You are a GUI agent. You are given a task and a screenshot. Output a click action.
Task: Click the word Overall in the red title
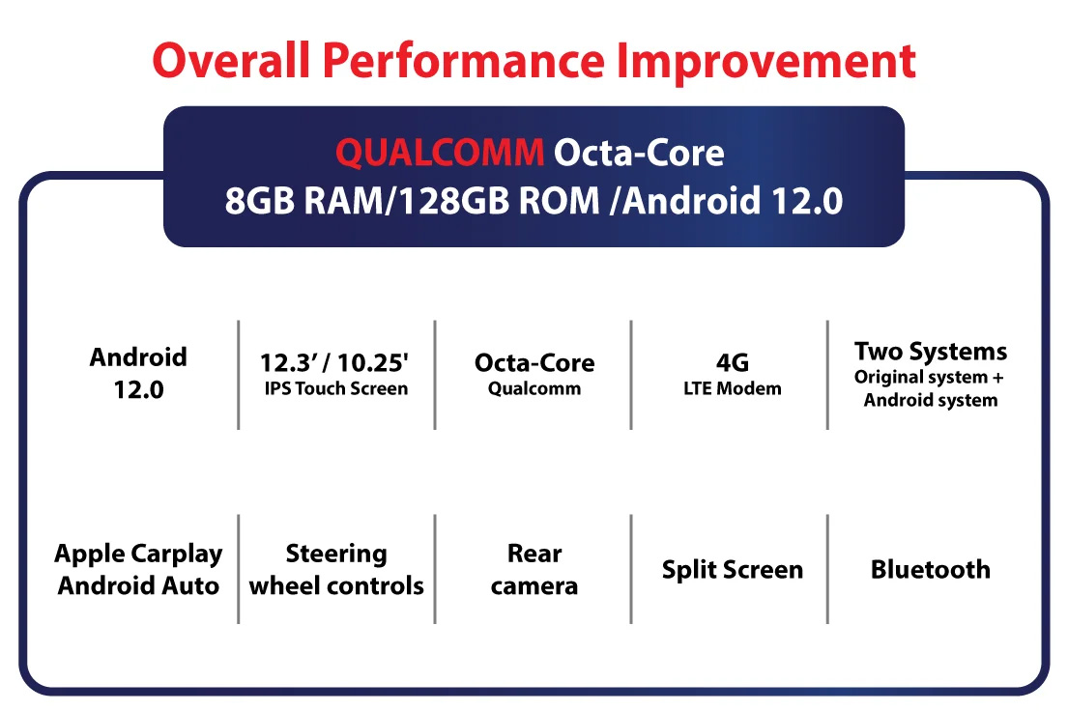tap(231, 60)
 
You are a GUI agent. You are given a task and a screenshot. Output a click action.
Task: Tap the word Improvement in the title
tap(766, 60)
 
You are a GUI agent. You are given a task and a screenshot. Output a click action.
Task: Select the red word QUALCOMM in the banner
tap(440, 153)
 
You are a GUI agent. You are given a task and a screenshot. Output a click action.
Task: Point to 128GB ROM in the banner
tap(499, 201)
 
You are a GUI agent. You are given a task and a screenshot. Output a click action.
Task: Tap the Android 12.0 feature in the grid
tap(138, 373)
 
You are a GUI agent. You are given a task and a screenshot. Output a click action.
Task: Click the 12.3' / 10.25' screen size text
tap(334, 363)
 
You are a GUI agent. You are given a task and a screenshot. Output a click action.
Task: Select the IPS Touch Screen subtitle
tap(336, 389)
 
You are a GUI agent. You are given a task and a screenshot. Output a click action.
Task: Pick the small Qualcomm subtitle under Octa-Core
tap(534, 389)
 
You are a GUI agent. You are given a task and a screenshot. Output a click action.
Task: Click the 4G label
tap(733, 362)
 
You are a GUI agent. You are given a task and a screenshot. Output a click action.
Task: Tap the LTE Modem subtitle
tap(733, 389)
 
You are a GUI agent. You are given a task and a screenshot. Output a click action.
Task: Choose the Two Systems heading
tap(931, 352)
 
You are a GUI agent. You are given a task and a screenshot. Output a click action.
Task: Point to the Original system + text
tap(929, 378)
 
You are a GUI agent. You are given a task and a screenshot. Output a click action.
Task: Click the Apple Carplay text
tap(138, 555)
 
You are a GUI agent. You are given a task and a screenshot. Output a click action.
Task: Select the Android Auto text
tap(138, 585)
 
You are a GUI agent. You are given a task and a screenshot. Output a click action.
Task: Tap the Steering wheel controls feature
tap(336, 570)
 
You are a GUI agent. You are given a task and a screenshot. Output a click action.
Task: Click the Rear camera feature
tap(534, 570)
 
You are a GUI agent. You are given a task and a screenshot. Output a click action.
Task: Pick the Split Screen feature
tap(733, 570)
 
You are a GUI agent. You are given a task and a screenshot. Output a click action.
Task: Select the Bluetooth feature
tap(931, 569)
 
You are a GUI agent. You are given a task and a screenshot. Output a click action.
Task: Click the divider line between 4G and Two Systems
tap(827, 375)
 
